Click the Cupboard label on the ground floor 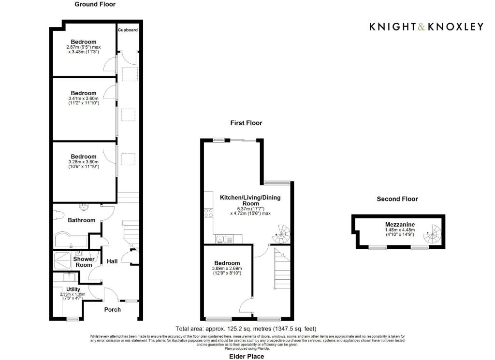coord(128,30)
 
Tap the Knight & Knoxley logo coord(426,27)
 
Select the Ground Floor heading coord(95,4)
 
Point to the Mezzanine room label coord(400,225)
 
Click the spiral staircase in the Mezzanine coord(433,234)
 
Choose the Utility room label coord(73,289)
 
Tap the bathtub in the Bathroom coord(71,241)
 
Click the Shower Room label coord(84,262)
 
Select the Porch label coord(112,310)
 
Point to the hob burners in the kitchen coord(208,213)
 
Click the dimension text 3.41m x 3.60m coord(83,99)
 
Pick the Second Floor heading coord(397,199)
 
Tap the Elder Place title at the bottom coord(247,356)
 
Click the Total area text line coord(246,329)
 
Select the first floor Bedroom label coord(227,263)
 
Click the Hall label coord(112,261)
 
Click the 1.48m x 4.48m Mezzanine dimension coord(400,230)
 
